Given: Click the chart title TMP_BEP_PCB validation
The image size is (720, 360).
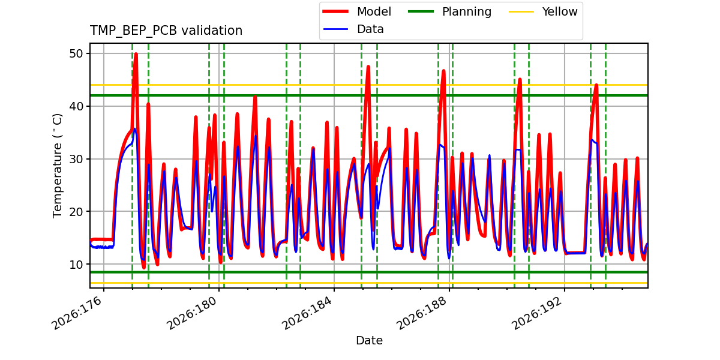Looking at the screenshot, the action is pyautogui.click(x=166, y=31).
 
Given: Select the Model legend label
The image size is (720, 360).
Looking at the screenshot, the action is pyautogui.click(x=374, y=11).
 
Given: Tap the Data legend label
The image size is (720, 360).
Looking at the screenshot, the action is pyautogui.click(x=370, y=29).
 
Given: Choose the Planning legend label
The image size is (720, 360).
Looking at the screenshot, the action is pyautogui.click(x=467, y=12).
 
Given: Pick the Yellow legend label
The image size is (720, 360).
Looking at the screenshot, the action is pyautogui.click(x=560, y=11).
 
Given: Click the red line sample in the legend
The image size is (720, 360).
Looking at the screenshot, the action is pyautogui.click(x=335, y=11).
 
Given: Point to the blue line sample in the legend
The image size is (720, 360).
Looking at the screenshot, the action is pyautogui.click(x=335, y=29).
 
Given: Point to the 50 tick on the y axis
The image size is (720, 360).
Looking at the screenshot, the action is pyautogui.click(x=77, y=53).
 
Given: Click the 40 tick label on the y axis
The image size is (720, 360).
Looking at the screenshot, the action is pyautogui.click(x=77, y=106).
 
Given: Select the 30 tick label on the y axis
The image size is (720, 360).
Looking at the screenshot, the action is pyautogui.click(x=77, y=159).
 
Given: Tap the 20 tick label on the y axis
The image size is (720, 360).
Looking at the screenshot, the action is pyautogui.click(x=77, y=211).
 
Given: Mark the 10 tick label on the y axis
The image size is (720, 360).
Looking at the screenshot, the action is pyautogui.click(x=77, y=264).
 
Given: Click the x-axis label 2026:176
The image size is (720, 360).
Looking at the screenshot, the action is pyautogui.click(x=77, y=313).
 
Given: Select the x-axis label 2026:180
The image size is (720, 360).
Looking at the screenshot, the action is pyautogui.click(x=193, y=313).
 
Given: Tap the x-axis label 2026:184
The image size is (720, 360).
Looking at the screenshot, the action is pyautogui.click(x=308, y=313).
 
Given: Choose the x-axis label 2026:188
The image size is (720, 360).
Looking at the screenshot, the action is pyautogui.click(x=422, y=313).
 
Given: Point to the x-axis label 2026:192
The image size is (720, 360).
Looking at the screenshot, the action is pyautogui.click(x=538, y=313).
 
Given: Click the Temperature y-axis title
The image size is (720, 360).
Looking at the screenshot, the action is pyautogui.click(x=57, y=166).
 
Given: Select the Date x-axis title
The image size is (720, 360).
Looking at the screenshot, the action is pyautogui.click(x=369, y=340).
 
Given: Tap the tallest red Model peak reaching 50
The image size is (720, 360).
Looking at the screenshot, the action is pyautogui.click(x=136, y=54).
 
